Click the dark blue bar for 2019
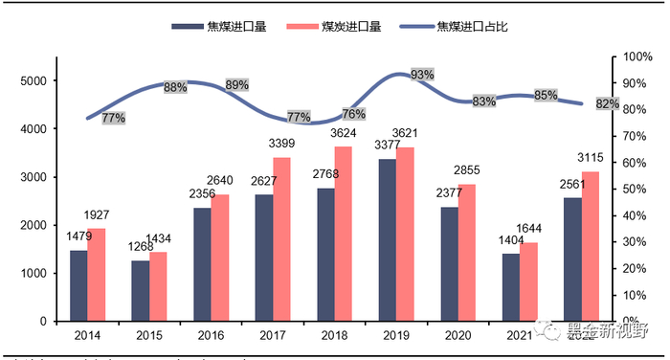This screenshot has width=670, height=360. (x=388, y=239)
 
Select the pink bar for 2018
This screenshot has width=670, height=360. (x=342, y=234)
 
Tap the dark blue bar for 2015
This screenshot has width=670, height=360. (x=141, y=290)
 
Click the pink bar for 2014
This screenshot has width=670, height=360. (x=96, y=274)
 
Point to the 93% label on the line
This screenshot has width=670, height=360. (x=421, y=74)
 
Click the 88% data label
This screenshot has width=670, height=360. (x=175, y=87)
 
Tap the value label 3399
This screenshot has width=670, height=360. (x=283, y=146)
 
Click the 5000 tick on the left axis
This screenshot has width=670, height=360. (x=33, y=80)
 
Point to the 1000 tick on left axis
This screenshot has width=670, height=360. (x=33, y=273)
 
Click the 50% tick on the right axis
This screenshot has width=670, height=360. (x=635, y=190)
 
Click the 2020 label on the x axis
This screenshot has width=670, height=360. (x=458, y=336)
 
